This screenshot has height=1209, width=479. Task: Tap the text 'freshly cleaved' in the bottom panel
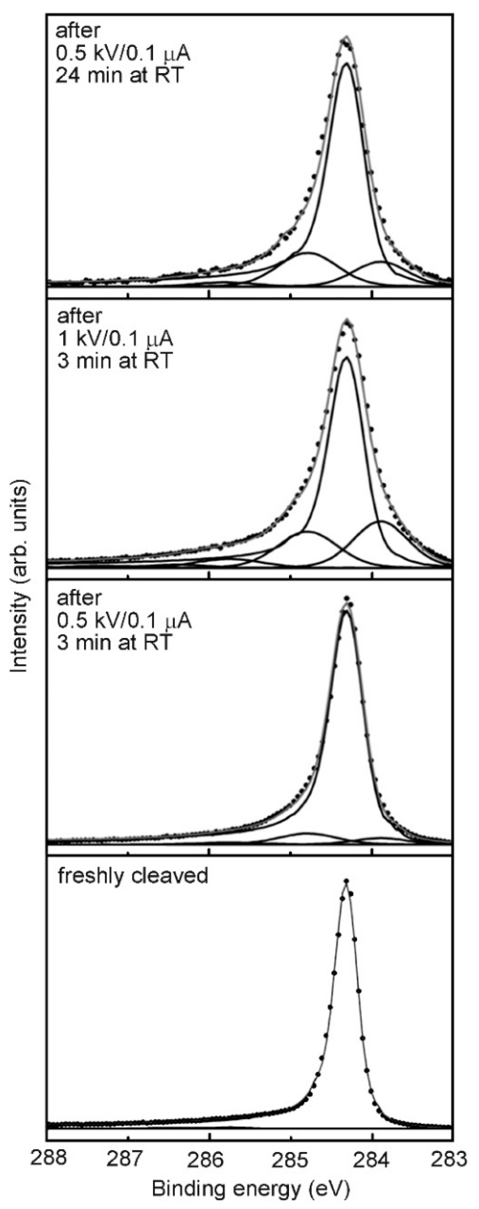[133, 876]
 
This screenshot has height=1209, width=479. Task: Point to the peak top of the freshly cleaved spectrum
[346, 882]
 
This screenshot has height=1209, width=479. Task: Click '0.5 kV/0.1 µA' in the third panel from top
[124, 620]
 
